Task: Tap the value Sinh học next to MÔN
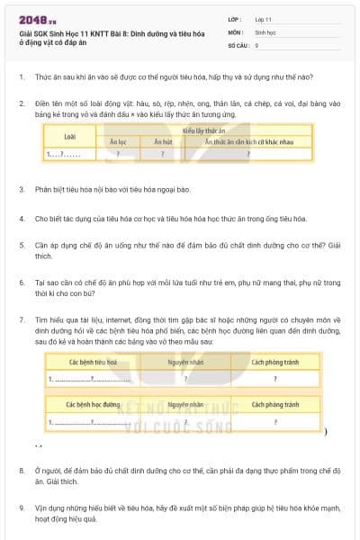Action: tap(265, 31)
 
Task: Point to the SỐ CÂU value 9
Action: tap(257, 44)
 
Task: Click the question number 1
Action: tap(22, 78)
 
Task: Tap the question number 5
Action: tap(22, 244)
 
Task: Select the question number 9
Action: tap(22, 508)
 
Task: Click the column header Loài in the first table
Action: tap(70, 136)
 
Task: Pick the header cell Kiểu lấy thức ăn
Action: tap(204, 130)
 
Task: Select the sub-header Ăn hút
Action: tap(162, 142)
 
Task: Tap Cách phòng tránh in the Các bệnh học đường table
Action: tap(274, 405)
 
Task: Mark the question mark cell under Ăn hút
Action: tap(162, 154)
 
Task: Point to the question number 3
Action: tap(22, 190)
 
